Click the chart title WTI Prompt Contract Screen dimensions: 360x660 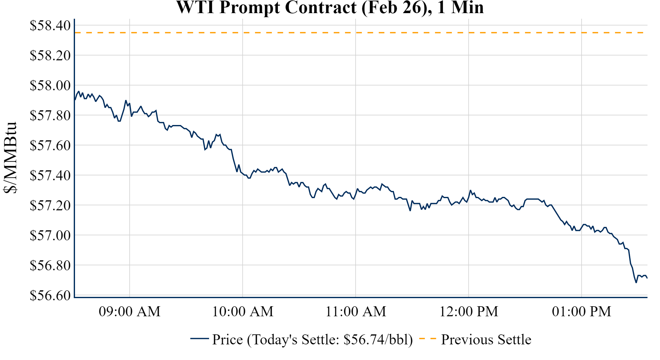coord(330,7)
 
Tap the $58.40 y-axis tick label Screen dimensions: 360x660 coord(50,26)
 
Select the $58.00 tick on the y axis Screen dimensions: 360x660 coord(50,85)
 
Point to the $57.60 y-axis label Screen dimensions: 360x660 coord(50,145)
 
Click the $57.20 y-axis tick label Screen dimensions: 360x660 coord(50,205)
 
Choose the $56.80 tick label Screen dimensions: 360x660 coord(50,265)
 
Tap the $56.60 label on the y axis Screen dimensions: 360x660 coord(50,295)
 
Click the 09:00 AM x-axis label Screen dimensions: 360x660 coord(130,312)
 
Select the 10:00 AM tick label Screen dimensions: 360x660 coord(243,312)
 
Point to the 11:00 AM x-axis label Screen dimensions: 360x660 coord(356,312)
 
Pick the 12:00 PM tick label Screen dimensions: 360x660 coord(469,312)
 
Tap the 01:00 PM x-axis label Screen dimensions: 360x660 coord(582,312)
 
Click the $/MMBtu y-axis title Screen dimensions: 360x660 coord(10,158)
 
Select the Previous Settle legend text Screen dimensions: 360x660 coord(486,340)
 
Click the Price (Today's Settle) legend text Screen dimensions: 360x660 coord(312,340)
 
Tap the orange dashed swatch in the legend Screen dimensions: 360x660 coord(427,338)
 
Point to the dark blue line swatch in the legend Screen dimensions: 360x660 coord(199,338)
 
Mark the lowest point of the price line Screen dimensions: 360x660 coord(636,282)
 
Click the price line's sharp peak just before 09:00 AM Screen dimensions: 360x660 coord(126,101)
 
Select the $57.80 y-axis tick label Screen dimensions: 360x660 coord(50,115)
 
